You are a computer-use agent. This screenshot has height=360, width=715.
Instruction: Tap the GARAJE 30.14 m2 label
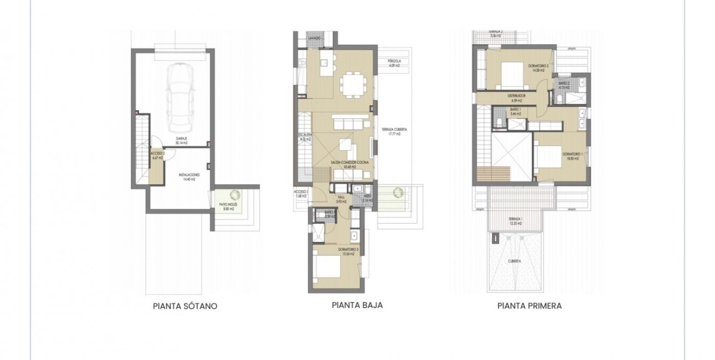point(181,141)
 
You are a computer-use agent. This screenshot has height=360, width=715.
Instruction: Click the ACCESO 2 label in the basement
point(158,156)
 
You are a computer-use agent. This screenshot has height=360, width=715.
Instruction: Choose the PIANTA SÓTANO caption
point(185,306)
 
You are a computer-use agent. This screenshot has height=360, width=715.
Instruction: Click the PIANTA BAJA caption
point(357,305)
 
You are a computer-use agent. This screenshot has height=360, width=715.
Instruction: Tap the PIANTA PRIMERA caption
point(529,305)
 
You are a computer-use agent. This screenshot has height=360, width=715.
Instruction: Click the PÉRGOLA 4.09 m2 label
point(395,63)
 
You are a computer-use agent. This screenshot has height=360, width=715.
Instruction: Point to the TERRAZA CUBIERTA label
point(394,131)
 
